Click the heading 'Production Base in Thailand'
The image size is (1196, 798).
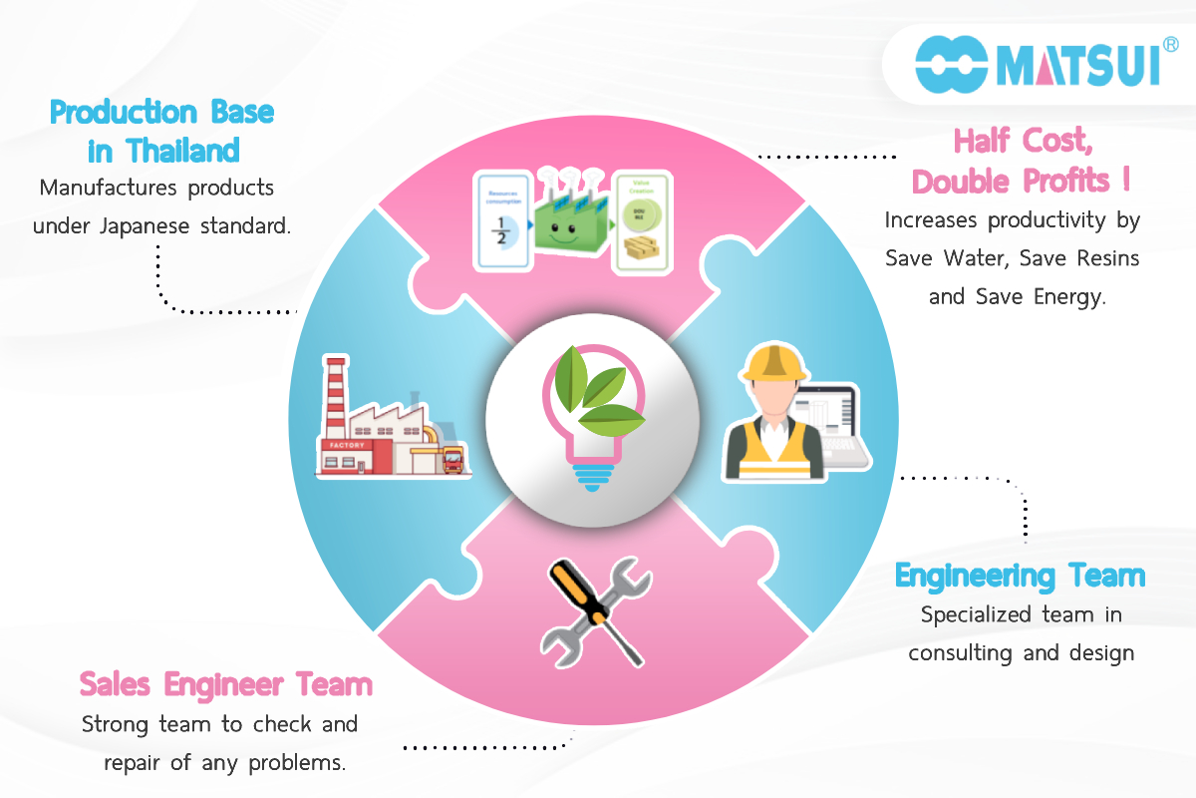click(x=162, y=131)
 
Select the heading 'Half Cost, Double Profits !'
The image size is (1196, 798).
click(x=1023, y=161)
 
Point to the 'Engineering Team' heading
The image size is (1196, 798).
click(x=1020, y=576)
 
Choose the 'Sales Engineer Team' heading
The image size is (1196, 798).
click(x=226, y=684)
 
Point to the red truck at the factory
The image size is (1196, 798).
click(x=450, y=461)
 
